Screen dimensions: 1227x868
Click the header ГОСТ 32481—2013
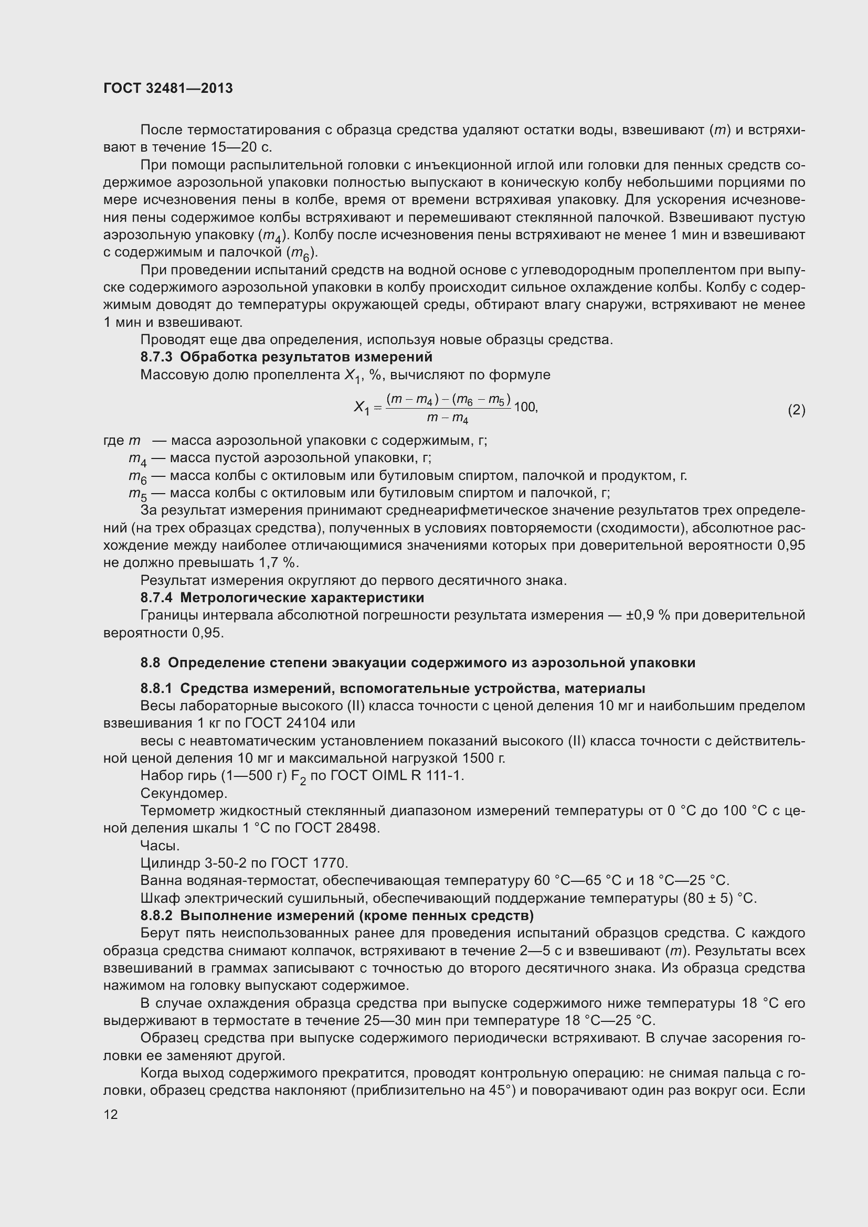(168, 89)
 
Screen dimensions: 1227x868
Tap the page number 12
(111, 1114)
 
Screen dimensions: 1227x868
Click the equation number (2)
(796, 410)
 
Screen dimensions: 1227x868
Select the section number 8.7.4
(156, 598)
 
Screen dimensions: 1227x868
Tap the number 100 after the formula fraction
(524, 408)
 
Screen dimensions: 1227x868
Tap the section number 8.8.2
(156, 915)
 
